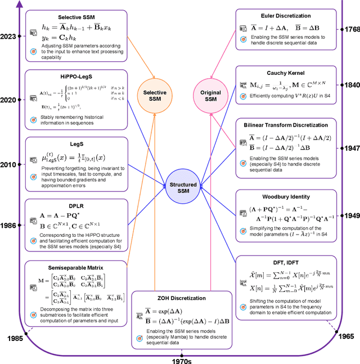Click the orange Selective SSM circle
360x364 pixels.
coord(152,96)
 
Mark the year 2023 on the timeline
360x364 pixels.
coord(9,36)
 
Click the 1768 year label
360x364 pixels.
coord(350,29)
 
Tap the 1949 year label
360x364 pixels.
coord(350,215)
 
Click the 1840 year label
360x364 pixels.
coord(350,84)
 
